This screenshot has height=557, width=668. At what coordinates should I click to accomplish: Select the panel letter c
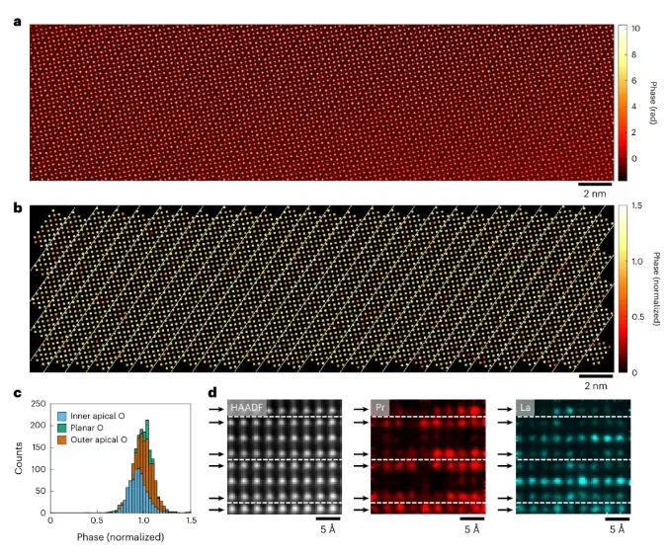pos(17,394)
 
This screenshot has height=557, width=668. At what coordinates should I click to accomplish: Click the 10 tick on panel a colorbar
pos(634,29)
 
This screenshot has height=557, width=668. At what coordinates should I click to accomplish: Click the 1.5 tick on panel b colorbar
pos(636,206)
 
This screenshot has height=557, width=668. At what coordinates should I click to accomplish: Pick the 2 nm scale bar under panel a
pos(596,185)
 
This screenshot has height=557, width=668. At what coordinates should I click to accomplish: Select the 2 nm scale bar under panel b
pos(596,376)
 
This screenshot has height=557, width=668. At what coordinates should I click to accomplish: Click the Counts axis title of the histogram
pos(18,456)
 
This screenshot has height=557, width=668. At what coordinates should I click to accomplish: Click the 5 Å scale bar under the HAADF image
pos(329,517)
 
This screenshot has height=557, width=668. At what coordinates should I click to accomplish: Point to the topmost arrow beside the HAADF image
pos(215,420)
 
